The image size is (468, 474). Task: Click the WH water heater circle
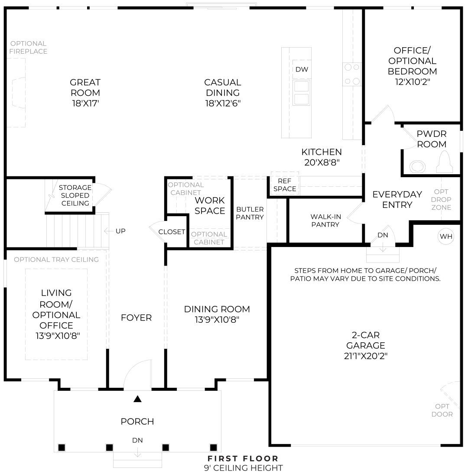click(x=446, y=237)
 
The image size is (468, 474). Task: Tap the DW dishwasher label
click(x=301, y=70)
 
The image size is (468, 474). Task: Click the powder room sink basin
click(x=418, y=166)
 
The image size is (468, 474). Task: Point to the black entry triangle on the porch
click(x=137, y=399)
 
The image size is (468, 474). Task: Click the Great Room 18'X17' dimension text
click(x=85, y=103)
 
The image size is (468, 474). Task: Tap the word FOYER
click(x=136, y=318)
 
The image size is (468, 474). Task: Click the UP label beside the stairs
click(x=120, y=231)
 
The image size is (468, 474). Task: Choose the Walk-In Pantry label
click(x=325, y=220)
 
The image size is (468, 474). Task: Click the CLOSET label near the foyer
click(x=172, y=232)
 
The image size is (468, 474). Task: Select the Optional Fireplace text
click(x=29, y=47)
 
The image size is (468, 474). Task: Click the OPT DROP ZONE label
click(x=442, y=200)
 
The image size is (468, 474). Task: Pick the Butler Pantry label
click(x=250, y=213)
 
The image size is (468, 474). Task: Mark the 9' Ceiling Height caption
click(x=243, y=468)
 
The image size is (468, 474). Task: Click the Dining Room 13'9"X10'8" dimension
click(x=217, y=320)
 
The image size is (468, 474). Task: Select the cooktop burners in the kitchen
click(x=352, y=74)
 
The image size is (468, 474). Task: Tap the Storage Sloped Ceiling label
click(x=75, y=195)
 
